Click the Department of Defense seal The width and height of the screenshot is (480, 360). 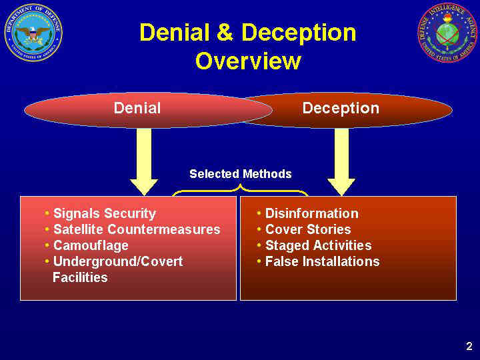tap(33, 33)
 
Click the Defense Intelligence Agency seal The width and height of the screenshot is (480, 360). tap(447, 33)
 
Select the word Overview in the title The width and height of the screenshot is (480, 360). tap(248, 61)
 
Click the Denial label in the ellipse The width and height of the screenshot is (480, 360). tap(137, 108)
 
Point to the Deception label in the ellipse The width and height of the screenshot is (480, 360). tap(341, 108)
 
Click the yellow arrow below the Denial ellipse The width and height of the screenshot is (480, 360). tap(143, 160)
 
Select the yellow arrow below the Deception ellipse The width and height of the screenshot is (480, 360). tap(341, 160)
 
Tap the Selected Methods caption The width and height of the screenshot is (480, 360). tap(241, 174)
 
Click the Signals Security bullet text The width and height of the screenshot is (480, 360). tap(104, 213)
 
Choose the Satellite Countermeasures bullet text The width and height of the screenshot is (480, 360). tap(137, 229)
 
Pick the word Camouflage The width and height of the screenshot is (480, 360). tap(91, 245)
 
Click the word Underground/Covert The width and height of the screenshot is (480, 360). tap(118, 261)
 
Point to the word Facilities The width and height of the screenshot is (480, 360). tap(80, 277)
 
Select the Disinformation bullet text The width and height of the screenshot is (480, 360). tap(311, 213)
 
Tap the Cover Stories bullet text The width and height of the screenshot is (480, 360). tap(308, 229)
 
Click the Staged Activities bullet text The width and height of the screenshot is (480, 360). tap(318, 245)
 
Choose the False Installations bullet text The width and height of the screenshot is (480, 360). tap(322, 261)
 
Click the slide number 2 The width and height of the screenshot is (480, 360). tap(469, 346)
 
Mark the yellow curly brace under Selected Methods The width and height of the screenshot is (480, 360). tap(241, 191)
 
